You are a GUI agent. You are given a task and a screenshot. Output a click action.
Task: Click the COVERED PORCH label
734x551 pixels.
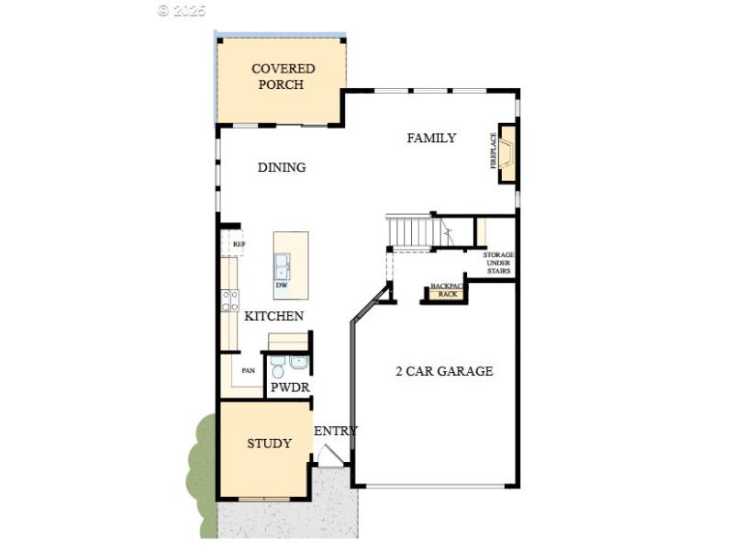pyautogui.click(x=283, y=76)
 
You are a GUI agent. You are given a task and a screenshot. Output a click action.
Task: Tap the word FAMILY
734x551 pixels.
pyautogui.click(x=431, y=138)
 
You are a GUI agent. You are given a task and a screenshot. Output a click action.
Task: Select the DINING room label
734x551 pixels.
pyautogui.click(x=282, y=167)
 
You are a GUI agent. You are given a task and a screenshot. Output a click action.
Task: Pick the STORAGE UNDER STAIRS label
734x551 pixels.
pyautogui.click(x=498, y=263)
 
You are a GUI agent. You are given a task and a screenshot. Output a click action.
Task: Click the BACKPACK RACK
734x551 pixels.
pyautogui.click(x=447, y=290)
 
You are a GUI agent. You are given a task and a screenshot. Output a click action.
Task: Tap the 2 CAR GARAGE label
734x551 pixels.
pyautogui.click(x=444, y=371)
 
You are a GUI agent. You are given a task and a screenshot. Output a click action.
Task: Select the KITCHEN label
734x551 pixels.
pyautogui.click(x=273, y=316)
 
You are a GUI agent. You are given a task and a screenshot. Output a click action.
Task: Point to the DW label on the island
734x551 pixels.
pyautogui.click(x=282, y=285)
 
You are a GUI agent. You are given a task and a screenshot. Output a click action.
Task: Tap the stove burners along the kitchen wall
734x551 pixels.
pyautogui.click(x=229, y=300)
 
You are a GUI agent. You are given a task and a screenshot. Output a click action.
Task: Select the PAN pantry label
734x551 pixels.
pyautogui.click(x=248, y=371)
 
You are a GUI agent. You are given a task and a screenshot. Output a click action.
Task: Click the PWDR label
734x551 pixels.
pyautogui.click(x=289, y=388)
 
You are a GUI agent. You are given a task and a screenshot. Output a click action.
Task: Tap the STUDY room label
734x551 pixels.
pyautogui.click(x=269, y=444)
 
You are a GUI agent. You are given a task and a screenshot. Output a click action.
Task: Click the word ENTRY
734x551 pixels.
pyautogui.click(x=336, y=431)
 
